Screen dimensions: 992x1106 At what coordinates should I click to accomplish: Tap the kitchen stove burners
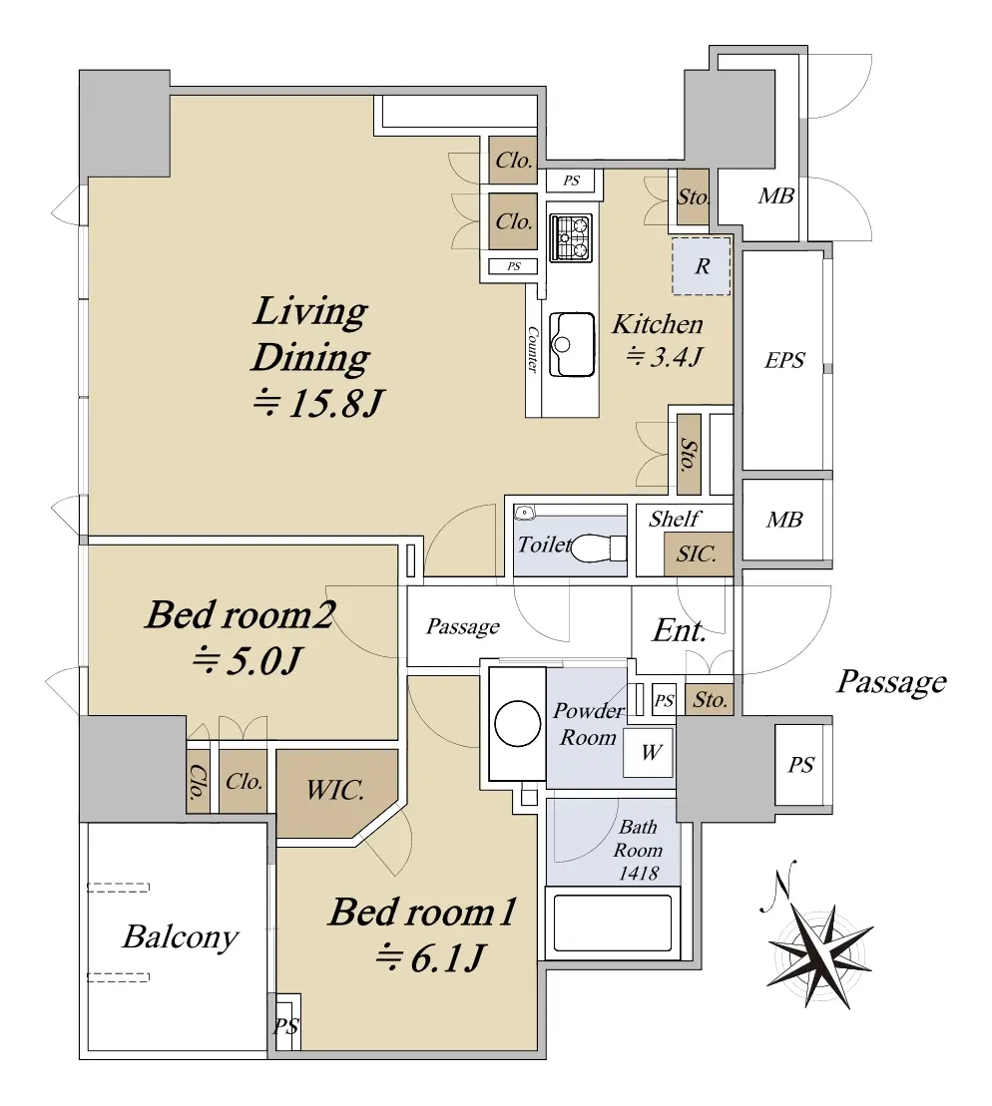pos(571,237)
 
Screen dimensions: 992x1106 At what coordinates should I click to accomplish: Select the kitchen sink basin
pos(571,345)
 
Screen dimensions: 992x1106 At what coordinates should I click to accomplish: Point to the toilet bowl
pos(592,549)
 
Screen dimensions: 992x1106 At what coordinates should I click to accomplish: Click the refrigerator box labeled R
pos(702,266)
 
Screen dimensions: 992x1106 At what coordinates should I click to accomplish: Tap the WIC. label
pos(334,789)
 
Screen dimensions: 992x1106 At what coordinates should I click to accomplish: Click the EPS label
pos(784,360)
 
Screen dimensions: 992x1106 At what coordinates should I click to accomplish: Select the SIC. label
pos(697,553)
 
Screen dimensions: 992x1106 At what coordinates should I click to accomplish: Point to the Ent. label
pos(680,630)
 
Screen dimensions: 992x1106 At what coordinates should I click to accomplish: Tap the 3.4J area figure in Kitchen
pos(665,356)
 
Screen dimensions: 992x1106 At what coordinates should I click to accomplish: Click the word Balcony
pos(180,937)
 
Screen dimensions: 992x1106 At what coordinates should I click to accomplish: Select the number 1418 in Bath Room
pos(639,874)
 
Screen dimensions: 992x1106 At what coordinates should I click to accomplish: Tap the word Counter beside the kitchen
pos(533,349)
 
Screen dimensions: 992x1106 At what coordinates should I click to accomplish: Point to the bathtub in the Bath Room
pos(612,923)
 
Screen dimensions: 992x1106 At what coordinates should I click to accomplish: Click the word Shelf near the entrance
pos(675,520)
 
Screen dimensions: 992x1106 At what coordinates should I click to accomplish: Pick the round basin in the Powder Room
pos(518,724)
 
